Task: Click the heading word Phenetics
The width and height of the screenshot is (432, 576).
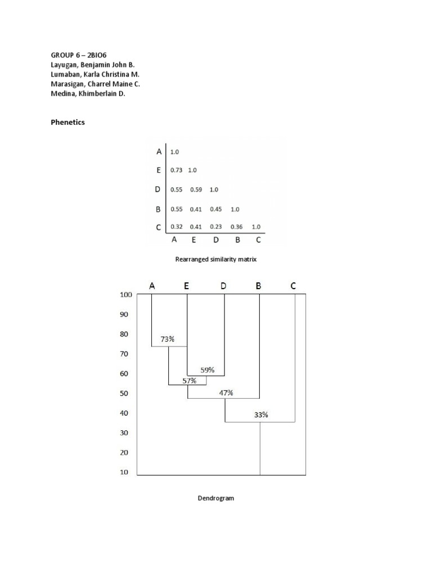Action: point(68,122)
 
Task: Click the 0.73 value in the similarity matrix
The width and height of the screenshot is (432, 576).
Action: point(176,170)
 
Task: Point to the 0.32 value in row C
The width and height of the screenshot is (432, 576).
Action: point(176,227)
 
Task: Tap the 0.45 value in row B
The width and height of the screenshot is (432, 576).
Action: point(216,209)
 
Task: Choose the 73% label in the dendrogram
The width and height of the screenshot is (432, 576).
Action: point(168,339)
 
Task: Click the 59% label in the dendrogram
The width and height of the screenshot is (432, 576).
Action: point(208,370)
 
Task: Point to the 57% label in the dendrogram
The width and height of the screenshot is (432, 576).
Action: point(190,381)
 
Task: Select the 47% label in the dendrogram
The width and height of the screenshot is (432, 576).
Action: point(226,393)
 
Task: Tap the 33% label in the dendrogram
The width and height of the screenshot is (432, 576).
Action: point(261,415)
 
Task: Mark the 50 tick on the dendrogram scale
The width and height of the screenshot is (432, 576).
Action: point(124,393)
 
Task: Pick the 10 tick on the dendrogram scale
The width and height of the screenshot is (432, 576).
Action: point(124,472)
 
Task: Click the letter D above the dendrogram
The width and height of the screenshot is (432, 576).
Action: point(223,286)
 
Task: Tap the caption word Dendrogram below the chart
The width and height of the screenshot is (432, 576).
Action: point(215,498)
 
